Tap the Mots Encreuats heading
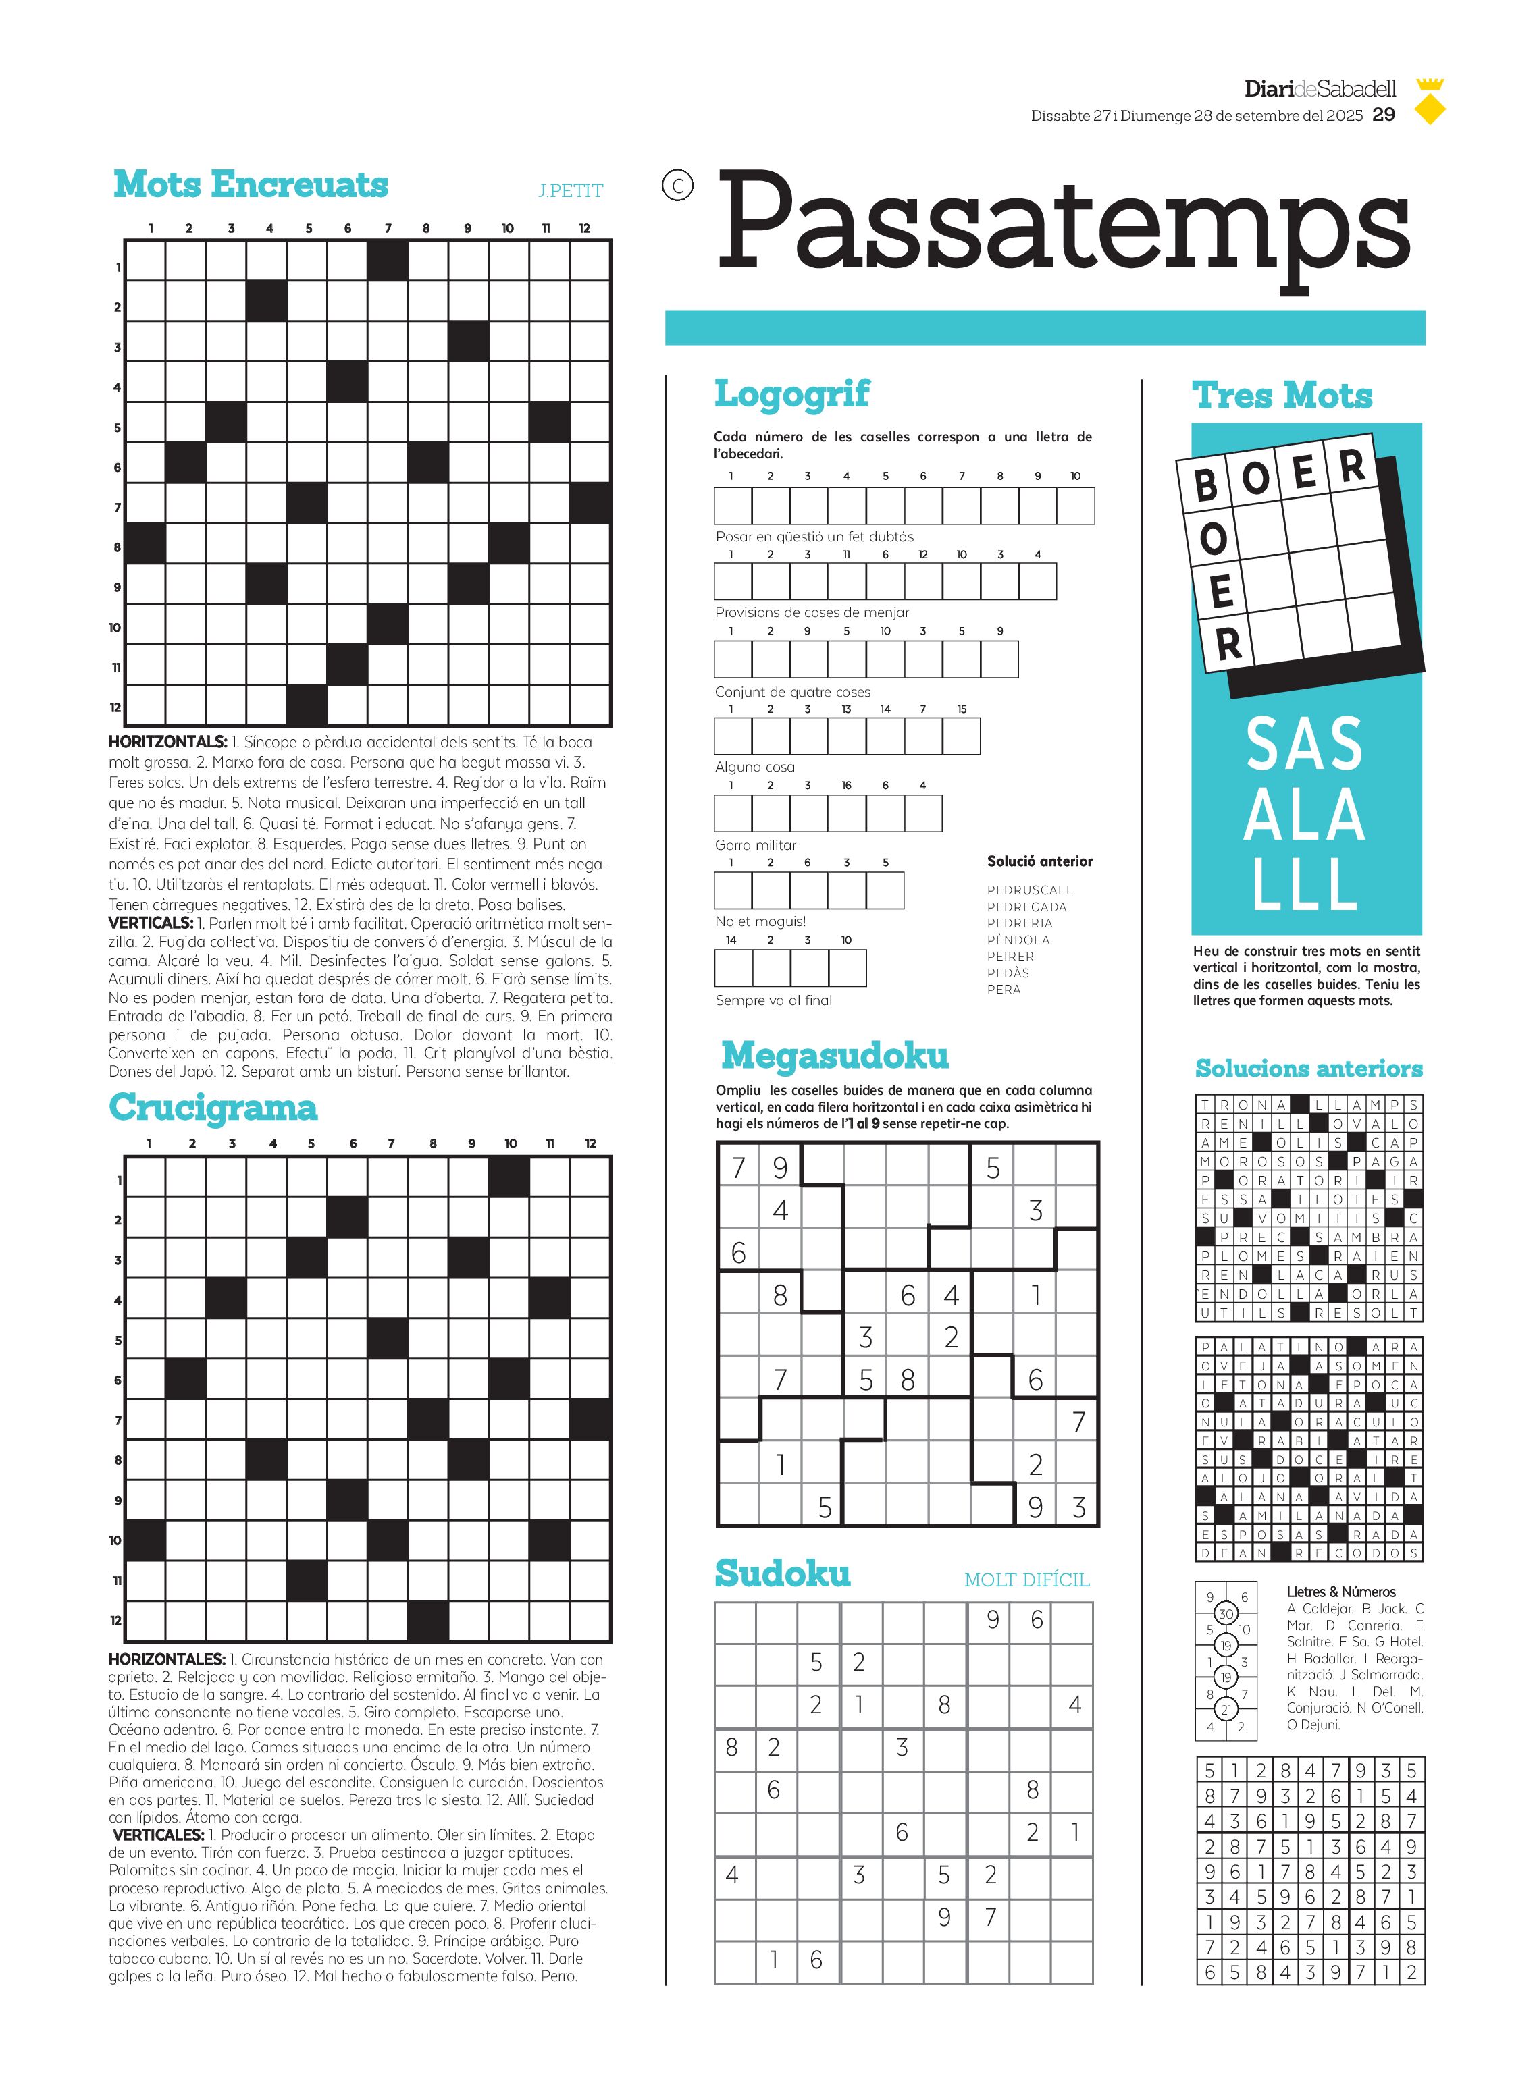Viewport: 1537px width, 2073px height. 251,184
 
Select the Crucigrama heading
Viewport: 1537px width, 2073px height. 213,1108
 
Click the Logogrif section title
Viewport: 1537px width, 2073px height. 791,394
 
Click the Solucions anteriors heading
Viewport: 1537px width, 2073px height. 1308,1069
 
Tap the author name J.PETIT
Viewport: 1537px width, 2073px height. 571,190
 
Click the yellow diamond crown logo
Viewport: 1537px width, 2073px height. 1429,103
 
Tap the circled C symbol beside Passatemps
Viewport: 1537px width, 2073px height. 677,186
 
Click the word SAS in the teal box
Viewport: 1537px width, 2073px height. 1305,744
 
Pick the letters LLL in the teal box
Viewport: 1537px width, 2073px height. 1305,884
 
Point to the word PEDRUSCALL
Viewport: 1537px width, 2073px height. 1029,890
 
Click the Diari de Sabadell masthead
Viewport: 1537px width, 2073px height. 1320,89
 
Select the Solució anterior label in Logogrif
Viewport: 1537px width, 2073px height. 1039,861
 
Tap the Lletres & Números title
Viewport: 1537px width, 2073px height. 1340,1591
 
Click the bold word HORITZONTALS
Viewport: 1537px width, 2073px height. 167,742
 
